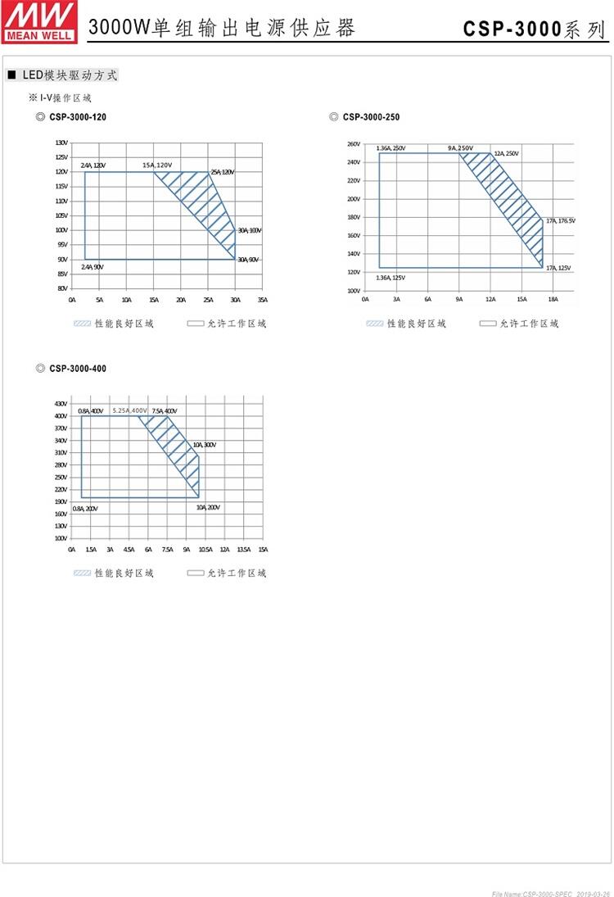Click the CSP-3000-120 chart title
click(77, 117)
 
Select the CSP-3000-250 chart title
click(371, 117)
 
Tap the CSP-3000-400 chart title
click(77, 369)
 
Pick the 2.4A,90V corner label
click(93, 267)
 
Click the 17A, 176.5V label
click(561, 220)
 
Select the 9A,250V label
click(460, 148)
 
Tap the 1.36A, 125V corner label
click(391, 278)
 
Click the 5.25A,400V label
click(130, 410)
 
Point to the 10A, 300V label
click(204, 445)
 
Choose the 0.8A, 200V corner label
click(85, 508)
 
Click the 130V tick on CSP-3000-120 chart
click(61, 143)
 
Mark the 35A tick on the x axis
click(262, 300)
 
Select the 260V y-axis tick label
click(354, 144)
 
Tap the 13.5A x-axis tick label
click(243, 550)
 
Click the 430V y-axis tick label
click(61, 404)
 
